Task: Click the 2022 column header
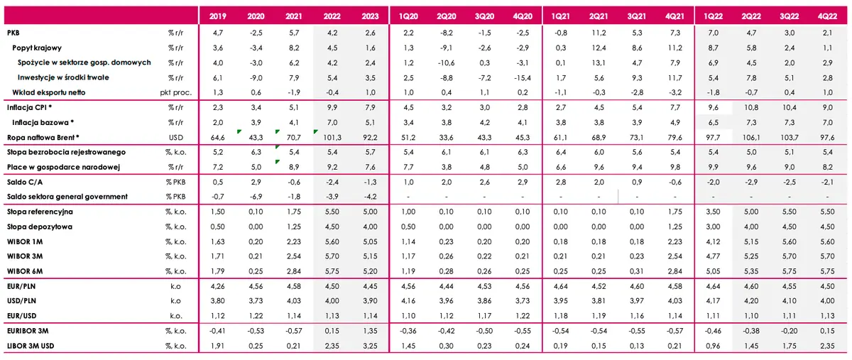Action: click(x=332, y=16)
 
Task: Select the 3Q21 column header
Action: click(x=637, y=16)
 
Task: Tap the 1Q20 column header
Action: click(x=408, y=16)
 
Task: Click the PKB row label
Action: click(x=13, y=33)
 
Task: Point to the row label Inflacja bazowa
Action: click(x=43, y=123)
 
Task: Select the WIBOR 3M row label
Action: click(x=25, y=256)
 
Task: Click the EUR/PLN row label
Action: click(x=21, y=286)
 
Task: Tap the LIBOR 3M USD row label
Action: click(x=31, y=346)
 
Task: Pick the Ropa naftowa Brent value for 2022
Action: click(x=332, y=137)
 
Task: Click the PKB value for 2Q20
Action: click(x=447, y=33)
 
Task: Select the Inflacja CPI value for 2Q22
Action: click(x=751, y=108)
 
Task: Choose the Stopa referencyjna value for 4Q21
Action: click(x=674, y=212)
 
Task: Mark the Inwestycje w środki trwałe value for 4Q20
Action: click(x=523, y=77)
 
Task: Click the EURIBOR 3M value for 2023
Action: click(x=370, y=331)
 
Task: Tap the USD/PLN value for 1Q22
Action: click(x=713, y=301)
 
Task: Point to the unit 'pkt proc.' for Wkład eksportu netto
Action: click(x=176, y=92)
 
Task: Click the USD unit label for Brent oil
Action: click(x=176, y=137)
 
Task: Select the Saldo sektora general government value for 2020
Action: click(x=256, y=197)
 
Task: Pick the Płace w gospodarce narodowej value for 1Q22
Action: click(x=713, y=167)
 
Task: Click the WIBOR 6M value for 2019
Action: click(x=217, y=271)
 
